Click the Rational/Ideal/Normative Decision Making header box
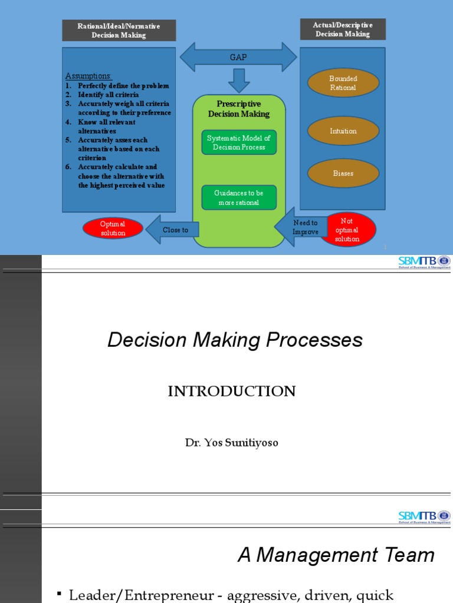(x=119, y=31)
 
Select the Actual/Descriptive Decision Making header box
(x=343, y=29)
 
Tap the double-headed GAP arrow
(x=238, y=57)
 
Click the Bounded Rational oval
(x=343, y=83)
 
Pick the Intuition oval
(x=343, y=131)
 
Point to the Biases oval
(x=343, y=173)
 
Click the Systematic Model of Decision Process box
(x=239, y=143)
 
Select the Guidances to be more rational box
(x=239, y=198)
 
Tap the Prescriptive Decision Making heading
(x=239, y=109)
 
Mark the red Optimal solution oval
(x=113, y=228)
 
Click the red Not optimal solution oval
(x=347, y=230)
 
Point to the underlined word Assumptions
(x=88, y=76)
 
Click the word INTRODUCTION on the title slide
(x=231, y=392)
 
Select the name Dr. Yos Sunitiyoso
(x=231, y=443)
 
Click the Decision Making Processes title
(x=235, y=340)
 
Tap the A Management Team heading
(x=336, y=555)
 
